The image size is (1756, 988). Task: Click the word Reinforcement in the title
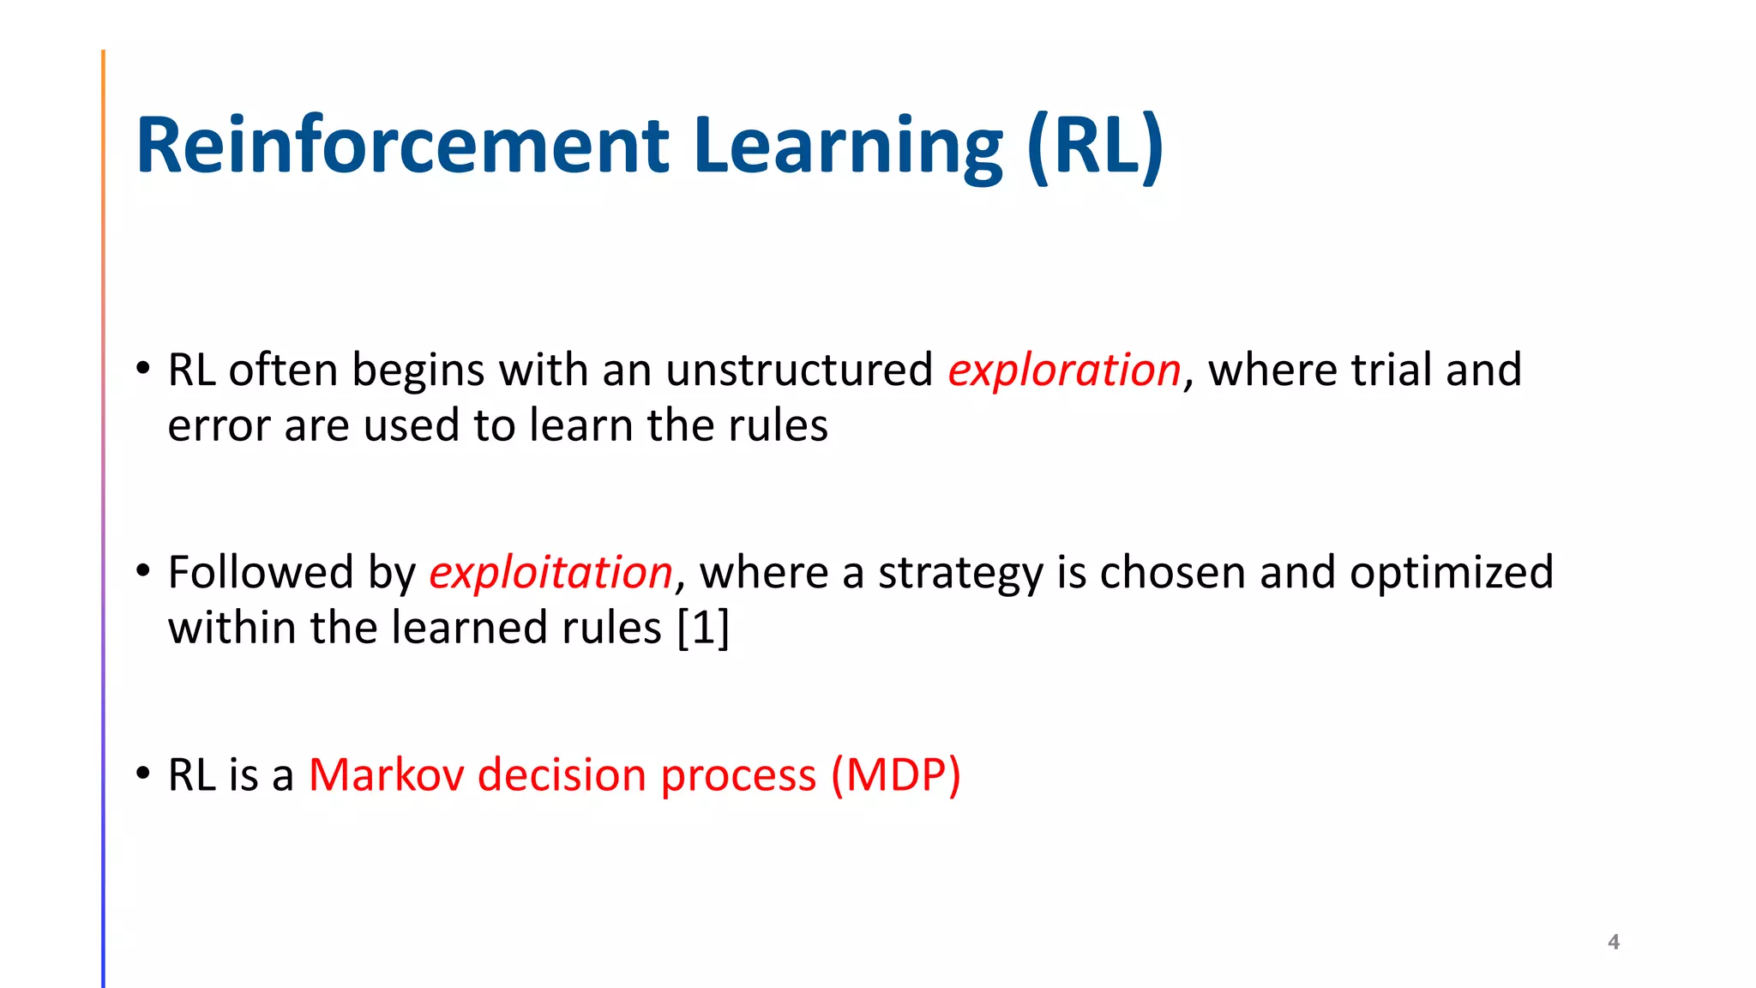401,146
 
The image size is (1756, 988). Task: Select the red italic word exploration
1064,370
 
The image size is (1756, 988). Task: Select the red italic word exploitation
550,573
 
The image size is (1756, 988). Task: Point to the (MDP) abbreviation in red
895,775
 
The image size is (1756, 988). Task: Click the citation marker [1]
703,628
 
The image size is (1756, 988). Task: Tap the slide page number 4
1613,942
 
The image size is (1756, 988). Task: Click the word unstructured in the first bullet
798,370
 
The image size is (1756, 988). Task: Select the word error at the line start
219,426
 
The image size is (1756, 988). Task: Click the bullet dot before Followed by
143,569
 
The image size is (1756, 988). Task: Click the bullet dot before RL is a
143,772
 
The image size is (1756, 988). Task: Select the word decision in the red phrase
562,775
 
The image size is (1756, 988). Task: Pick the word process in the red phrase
738,775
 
